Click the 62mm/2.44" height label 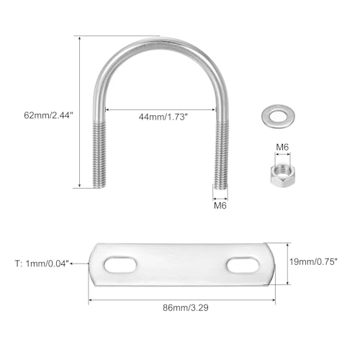(x=48, y=115)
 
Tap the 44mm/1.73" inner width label (x=163, y=117)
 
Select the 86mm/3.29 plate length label (x=186, y=307)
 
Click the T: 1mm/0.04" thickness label (x=42, y=264)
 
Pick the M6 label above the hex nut (x=282, y=147)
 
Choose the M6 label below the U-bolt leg (x=220, y=205)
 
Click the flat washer (x=279, y=116)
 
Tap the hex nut (x=282, y=174)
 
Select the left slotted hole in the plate (x=120, y=265)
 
